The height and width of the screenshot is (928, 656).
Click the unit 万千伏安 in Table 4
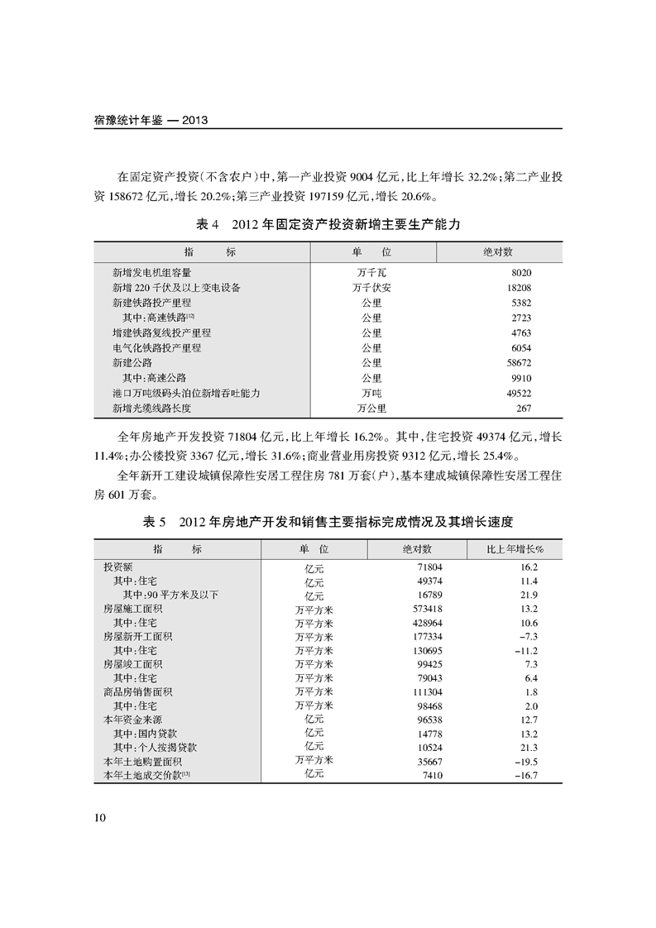[x=371, y=287]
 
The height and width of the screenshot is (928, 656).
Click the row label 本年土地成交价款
[x=142, y=774]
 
